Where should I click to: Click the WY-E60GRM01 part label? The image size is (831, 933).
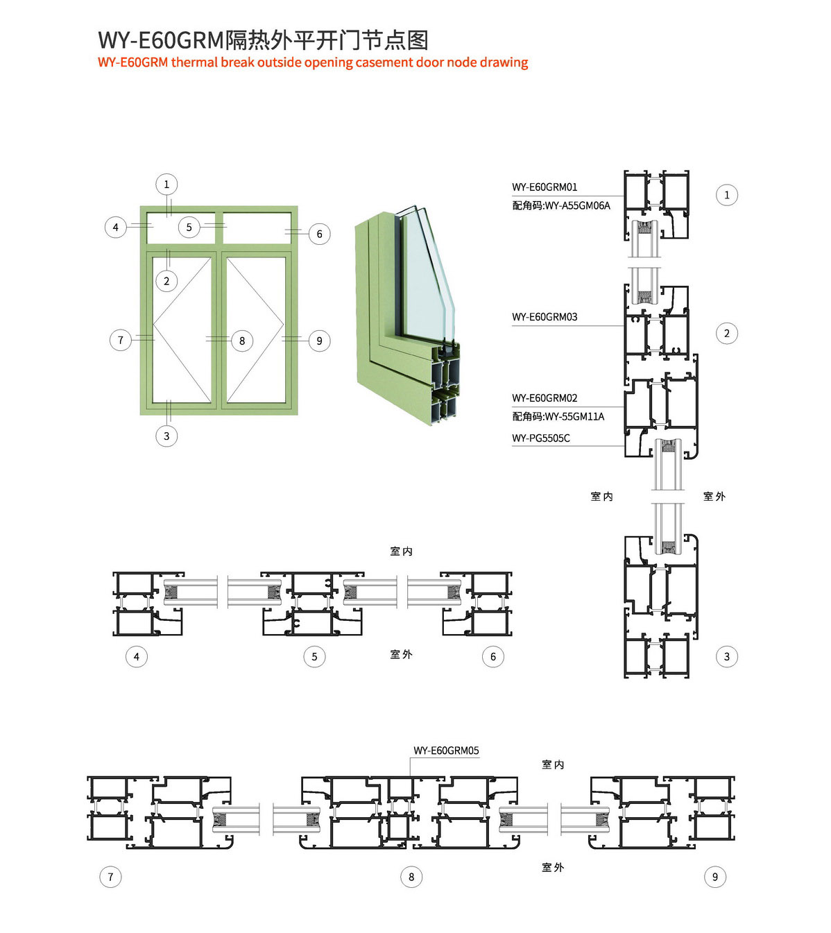tap(545, 187)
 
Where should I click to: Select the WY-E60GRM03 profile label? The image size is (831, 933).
tap(545, 317)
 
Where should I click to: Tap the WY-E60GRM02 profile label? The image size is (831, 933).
tap(545, 398)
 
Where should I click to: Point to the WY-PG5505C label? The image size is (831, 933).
tap(541, 438)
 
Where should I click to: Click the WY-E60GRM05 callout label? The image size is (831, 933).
tap(446, 751)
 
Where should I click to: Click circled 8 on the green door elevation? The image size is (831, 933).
tap(242, 341)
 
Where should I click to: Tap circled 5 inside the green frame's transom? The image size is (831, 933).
tap(189, 227)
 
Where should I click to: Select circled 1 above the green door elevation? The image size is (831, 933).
tap(166, 185)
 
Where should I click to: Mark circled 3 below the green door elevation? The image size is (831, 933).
tap(166, 436)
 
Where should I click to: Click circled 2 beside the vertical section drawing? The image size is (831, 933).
tap(727, 334)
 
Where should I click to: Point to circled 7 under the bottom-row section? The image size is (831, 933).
tap(110, 877)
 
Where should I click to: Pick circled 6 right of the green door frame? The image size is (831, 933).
tap(320, 234)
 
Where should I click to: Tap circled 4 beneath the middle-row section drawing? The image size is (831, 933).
tap(137, 657)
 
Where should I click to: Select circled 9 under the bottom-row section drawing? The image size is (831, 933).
tap(715, 877)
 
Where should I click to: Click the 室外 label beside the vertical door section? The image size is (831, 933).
tap(714, 497)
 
